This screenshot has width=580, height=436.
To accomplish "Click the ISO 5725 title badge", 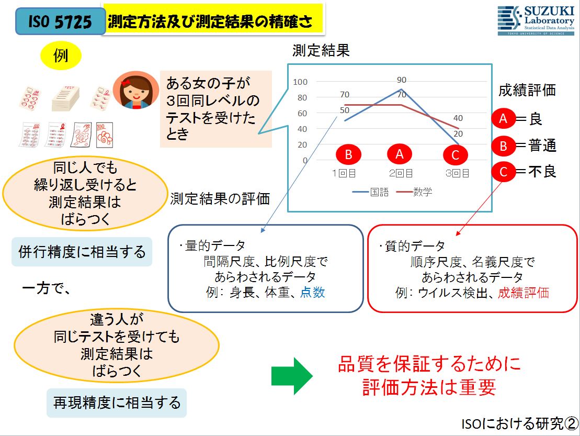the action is pos(60,21).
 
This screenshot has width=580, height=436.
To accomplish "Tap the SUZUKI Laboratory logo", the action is pos(536,20).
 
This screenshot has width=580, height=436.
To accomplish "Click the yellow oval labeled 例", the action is pos(61,56).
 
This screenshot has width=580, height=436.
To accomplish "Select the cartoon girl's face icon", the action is pos(136,90).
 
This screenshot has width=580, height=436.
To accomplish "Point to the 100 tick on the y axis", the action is pos(300,82).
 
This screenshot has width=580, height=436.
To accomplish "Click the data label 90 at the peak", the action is pos(401,80).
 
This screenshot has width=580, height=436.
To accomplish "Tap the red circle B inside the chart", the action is pos(348,154).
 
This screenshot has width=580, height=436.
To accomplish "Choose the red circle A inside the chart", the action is pos(400,154).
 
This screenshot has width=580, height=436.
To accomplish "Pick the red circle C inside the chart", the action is pos(456,155).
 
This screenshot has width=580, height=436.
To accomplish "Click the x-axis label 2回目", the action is pos(401,173).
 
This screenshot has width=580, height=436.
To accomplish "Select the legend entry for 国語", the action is pos(371,192).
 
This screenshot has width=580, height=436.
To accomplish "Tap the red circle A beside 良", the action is pos(503,118).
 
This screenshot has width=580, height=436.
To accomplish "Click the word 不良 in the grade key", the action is pos(542,171).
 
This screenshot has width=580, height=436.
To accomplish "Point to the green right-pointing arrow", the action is pos(292,376).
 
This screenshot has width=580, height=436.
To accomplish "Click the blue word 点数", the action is pos(313,293).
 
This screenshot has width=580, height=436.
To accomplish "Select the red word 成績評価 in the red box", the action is pos(524,293).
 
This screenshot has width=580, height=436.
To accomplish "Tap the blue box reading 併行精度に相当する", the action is pos(82,252).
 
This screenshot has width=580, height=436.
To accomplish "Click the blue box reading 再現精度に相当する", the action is pos(117,403).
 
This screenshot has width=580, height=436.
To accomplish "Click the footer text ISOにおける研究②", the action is pos(520,423).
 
